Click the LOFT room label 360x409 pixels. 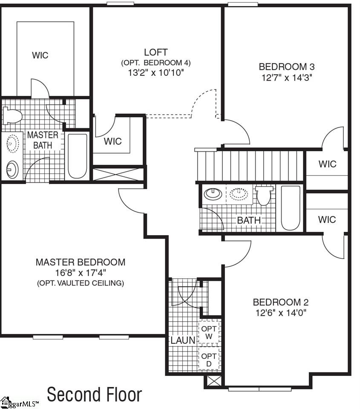coord(156,52)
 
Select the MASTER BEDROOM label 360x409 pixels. coord(81,262)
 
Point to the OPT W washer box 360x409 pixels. coord(209,332)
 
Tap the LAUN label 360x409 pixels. coord(183,340)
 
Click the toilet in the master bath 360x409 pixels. coord(12,115)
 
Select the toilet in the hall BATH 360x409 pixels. coord(263,196)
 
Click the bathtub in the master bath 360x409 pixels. coord(78,156)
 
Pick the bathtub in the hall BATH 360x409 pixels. coord(291,207)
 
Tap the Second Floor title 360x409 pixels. coord(94,395)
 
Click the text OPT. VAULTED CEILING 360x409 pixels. coord(81,283)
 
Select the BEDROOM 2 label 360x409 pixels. coord(280,302)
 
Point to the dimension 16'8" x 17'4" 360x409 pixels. coord(81,273)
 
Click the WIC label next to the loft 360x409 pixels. coord(113,141)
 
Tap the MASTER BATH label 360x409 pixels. coord(43,140)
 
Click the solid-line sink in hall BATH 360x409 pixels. coord(213,194)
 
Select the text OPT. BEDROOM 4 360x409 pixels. coord(156,63)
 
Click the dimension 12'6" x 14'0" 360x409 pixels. coord(280,313)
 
